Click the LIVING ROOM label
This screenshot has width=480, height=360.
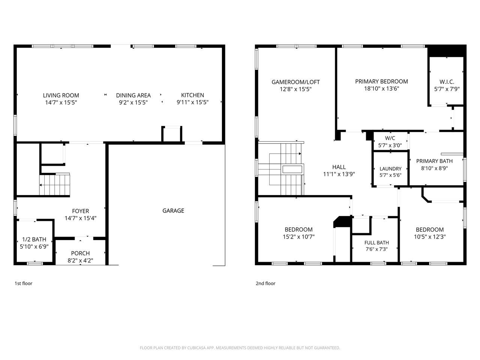pos(61,95)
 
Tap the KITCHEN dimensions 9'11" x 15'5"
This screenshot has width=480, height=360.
pos(192,102)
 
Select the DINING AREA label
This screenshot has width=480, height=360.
pos(133,96)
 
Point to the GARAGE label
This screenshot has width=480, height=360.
pos(173,210)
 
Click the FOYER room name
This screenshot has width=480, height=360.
pos(81,211)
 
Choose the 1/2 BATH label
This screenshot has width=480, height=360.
pos(34,239)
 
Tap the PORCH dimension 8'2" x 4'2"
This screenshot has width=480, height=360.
pos(81,260)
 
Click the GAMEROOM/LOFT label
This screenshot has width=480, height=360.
pos(295,82)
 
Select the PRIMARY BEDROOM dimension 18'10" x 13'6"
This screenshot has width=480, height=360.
pos(382,88)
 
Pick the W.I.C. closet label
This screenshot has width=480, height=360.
pos(447,82)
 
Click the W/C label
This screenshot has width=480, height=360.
pos(390,138)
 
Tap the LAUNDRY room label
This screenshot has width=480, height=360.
pos(390,169)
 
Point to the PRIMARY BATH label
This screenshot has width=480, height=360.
pos(434,161)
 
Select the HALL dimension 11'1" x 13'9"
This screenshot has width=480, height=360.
pos(339,174)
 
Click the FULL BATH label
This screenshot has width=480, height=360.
pos(376,243)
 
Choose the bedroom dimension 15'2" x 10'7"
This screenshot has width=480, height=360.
pos(298,237)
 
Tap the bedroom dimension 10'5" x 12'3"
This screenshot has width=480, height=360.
pos(430,237)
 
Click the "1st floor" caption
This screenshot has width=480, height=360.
pos(23,283)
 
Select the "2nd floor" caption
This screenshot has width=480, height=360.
pos(265,283)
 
